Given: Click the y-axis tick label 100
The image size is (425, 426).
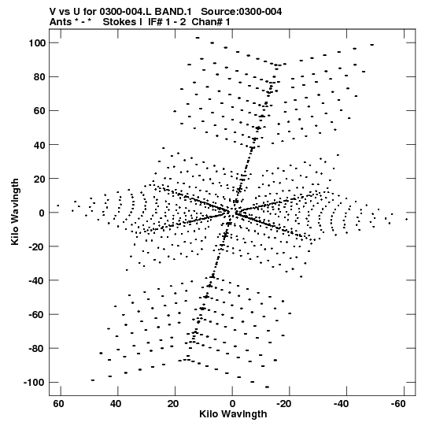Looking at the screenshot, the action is click(x=37, y=43).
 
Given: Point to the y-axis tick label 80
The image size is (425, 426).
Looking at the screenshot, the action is click(x=39, y=77).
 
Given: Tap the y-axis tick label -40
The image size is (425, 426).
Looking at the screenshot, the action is click(x=37, y=280).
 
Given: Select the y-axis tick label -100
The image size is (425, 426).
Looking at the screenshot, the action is click(x=34, y=382).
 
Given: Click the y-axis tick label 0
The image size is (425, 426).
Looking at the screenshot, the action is click(x=42, y=213).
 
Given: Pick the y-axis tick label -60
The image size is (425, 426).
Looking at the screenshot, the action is click(x=37, y=315).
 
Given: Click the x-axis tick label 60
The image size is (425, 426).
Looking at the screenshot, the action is click(x=59, y=404).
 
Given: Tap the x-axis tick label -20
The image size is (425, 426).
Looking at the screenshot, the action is click(x=284, y=404).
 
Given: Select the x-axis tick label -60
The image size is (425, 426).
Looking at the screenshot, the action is click(x=398, y=404).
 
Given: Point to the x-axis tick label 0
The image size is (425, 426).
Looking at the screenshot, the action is click(x=232, y=404).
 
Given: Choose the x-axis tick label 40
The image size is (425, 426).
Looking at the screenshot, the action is click(x=116, y=404).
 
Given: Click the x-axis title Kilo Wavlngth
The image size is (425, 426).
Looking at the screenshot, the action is click(x=233, y=414).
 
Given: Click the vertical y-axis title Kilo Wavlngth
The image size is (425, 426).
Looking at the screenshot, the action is click(x=15, y=212).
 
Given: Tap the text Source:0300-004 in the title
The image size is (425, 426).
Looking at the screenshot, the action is click(x=241, y=12).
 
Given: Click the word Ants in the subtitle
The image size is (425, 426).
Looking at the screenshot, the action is click(x=61, y=22).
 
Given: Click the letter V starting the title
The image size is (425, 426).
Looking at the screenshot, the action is click(x=53, y=12).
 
